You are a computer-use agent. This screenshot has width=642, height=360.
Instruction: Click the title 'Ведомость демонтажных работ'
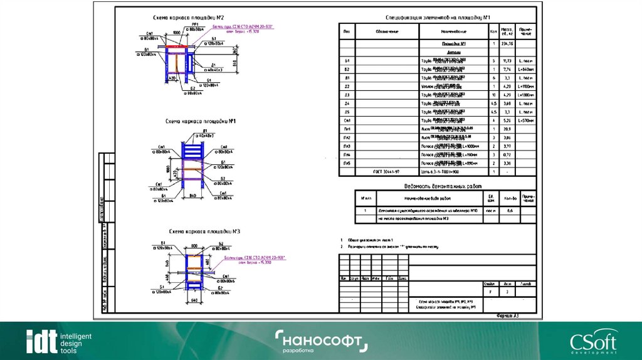pyautogui.click(x=437, y=186)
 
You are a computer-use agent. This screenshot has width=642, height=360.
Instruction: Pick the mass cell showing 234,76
pyautogui.click(x=507, y=44)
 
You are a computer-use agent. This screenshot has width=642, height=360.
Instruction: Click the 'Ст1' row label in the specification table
pyautogui.click(x=347, y=120)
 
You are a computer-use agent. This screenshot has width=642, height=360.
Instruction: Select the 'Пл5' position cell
pyautogui.click(x=347, y=162)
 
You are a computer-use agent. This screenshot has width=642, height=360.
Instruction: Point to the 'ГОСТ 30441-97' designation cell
pyautogui.click(x=387, y=171)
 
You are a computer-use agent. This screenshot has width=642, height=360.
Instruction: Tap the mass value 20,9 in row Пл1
pyautogui.click(x=507, y=128)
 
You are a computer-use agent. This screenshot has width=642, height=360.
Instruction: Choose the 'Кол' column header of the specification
pyautogui.click(x=494, y=31)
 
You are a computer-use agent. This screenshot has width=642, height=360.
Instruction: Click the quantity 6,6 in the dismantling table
pyautogui.click(x=510, y=211)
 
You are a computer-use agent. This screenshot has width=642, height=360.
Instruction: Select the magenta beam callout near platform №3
pyautogui.click(x=248, y=260)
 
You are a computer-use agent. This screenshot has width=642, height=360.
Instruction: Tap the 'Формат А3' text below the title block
pyautogui.click(x=506, y=317)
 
